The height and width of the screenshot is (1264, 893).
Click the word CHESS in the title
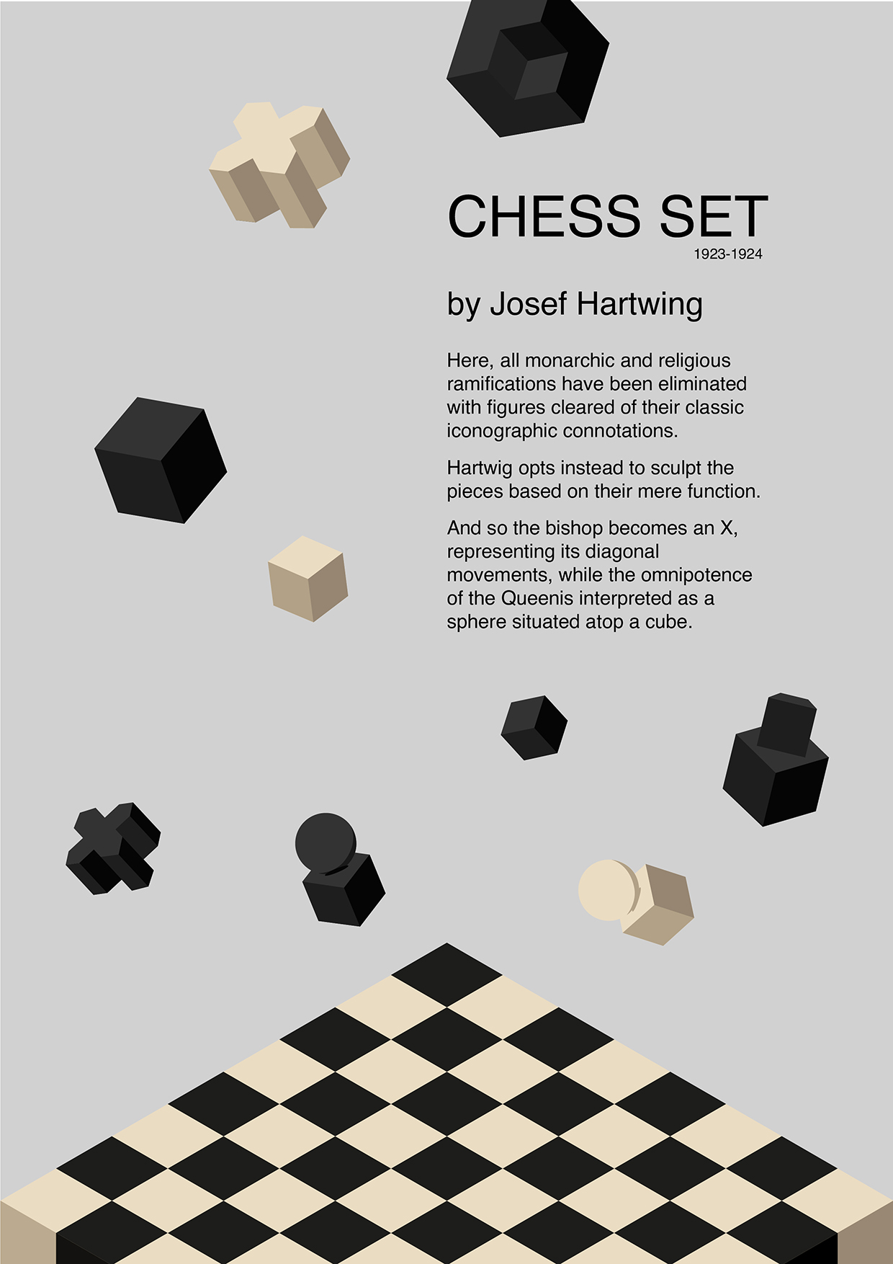pos(544,215)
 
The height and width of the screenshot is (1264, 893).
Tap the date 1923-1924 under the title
pos(728,254)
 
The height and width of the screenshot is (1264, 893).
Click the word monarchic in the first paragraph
pos(570,360)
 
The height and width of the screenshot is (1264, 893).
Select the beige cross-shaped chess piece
pos(279,164)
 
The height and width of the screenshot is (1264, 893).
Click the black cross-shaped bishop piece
pos(113,848)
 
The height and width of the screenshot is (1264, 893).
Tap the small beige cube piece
pos(308,578)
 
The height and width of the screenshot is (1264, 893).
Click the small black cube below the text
pos(534,727)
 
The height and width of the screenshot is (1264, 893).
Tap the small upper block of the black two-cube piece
pos(787,724)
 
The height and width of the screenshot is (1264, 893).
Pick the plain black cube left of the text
pos(161,460)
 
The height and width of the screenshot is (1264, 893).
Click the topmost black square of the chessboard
pos(447,974)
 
